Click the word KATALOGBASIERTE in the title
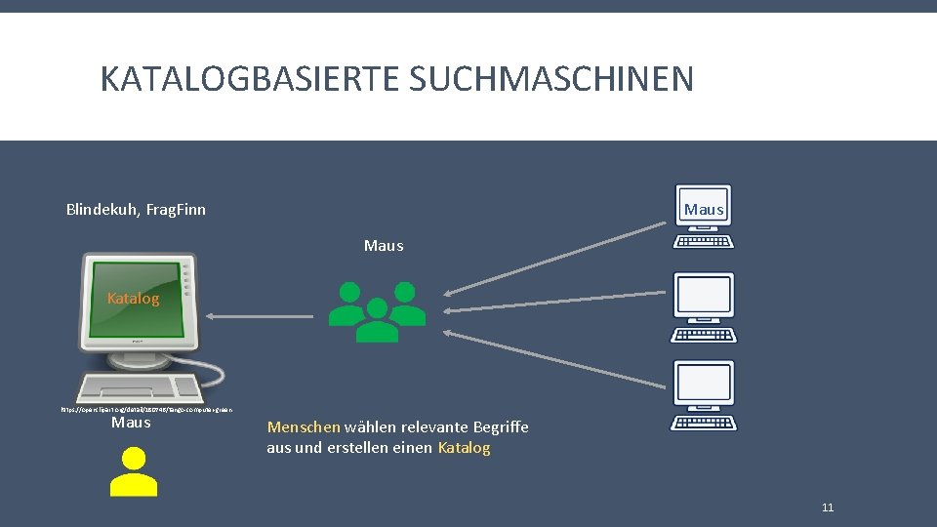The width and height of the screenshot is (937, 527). [250, 78]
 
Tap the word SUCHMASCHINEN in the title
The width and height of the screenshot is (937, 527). [551, 78]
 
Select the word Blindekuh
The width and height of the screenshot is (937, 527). [102, 209]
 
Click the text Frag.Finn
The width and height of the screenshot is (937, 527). [176, 209]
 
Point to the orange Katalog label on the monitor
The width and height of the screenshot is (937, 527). [134, 299]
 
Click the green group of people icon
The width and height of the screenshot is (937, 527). [377, 311]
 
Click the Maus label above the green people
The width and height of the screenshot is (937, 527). [384, 246]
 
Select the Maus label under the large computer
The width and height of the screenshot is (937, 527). [131, 423]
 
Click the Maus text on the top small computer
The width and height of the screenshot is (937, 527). [704, 210]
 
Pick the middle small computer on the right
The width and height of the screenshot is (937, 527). [704, 306]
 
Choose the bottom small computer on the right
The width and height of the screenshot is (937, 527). [704, 395]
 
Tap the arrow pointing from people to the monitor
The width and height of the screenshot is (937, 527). [262, 315]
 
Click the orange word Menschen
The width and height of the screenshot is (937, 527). [304, 427]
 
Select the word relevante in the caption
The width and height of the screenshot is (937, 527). [433, 427]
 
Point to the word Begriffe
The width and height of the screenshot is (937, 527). [501, 427]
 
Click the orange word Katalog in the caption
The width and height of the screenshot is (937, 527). [465, 448]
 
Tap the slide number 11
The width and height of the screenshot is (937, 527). [828, 507]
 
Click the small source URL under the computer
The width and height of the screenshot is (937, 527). [146, 410]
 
